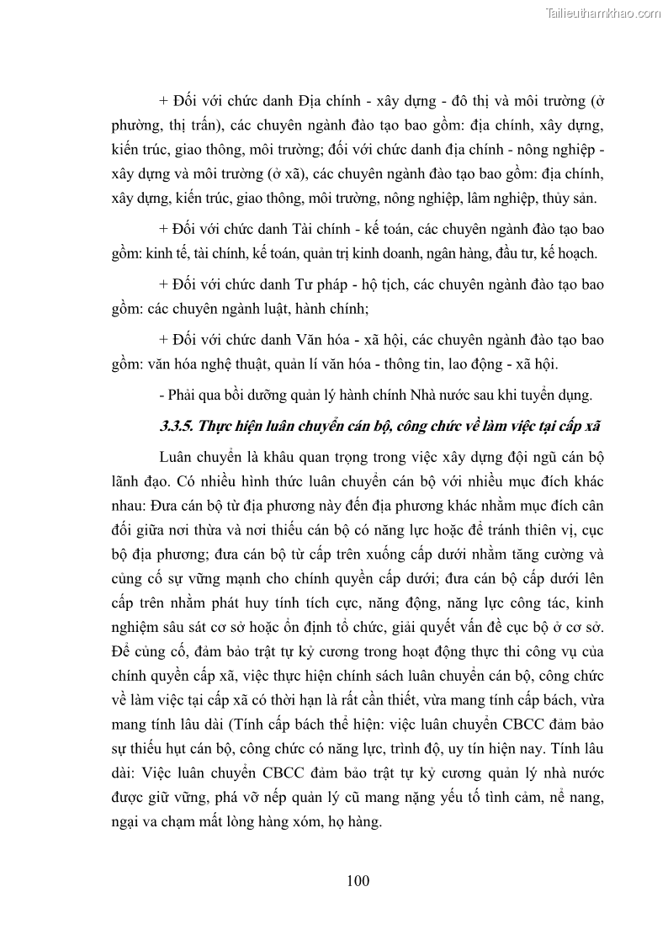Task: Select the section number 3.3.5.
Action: point(177,426)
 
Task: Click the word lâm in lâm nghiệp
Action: point(474,199)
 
